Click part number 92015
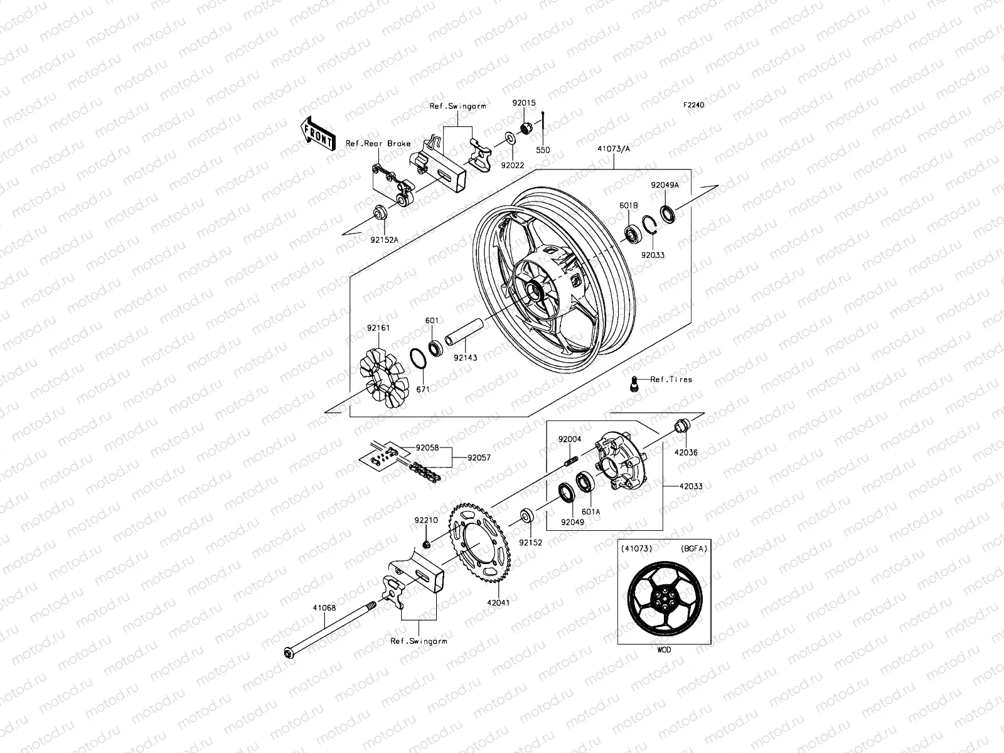pyautogui.click(x=523, y=103)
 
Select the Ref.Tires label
pyautogui.click(x=671, y=379)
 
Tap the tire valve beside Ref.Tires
pyautogui.click(x=634, y=382)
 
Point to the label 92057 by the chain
pyautogui.click(x=479, y=457)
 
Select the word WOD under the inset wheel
pyautogui.click(x=664, y=650)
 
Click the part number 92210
pyautogui.click(x=425, y=520)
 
